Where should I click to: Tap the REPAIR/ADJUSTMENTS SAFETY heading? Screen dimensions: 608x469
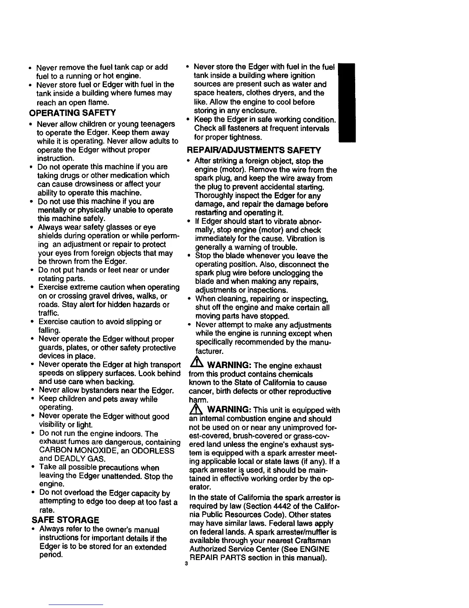254,150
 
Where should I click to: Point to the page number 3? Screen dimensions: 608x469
185,564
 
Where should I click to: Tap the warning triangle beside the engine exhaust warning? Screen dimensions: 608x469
195,365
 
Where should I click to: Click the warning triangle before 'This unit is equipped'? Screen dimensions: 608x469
195,410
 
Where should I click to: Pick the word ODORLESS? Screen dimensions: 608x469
153,451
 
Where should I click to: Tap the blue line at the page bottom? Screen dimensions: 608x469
77,605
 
